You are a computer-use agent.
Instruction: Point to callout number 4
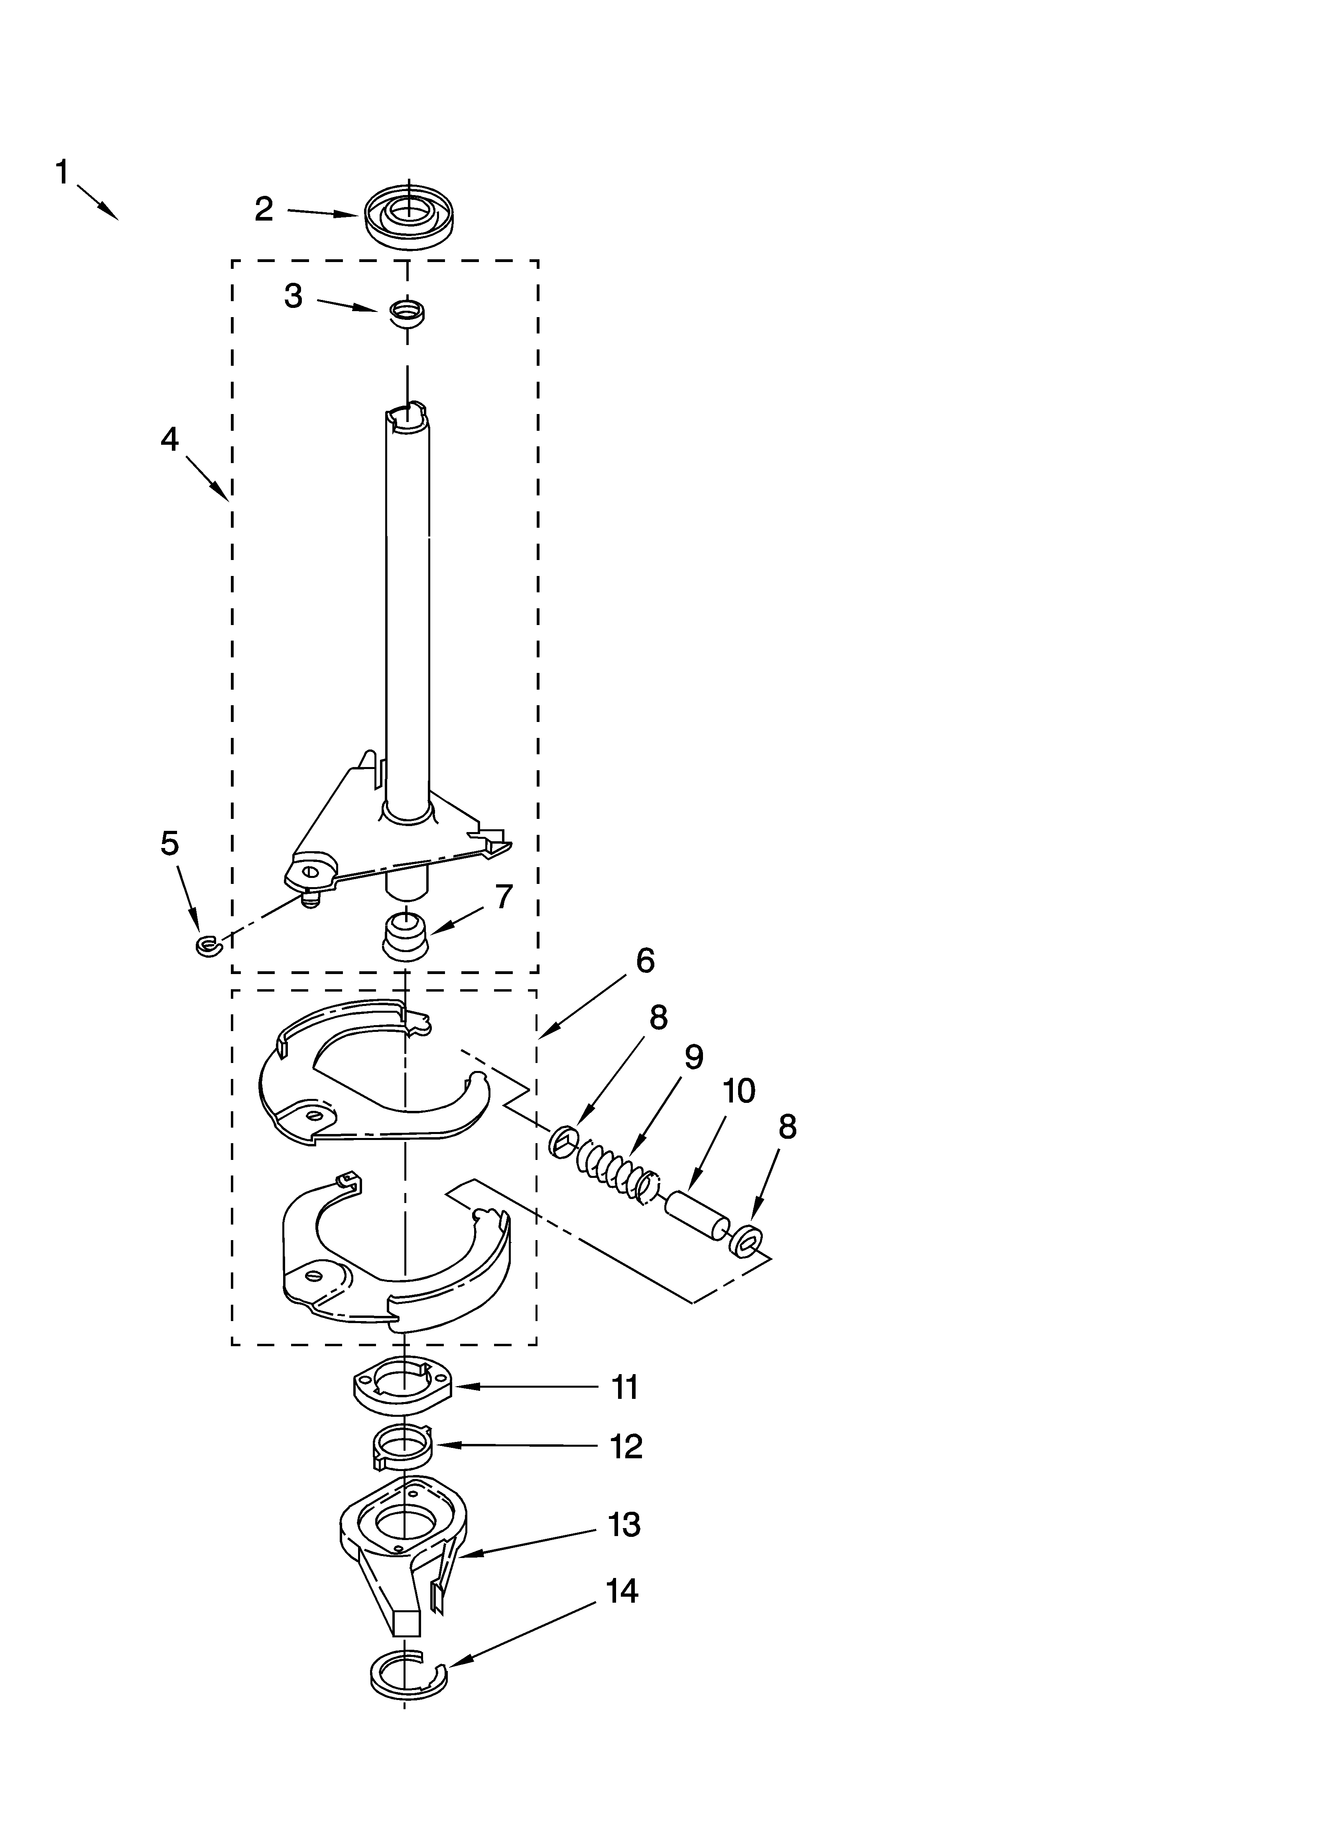[x=169, y=440]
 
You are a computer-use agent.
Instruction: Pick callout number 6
[x=645, y=961]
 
